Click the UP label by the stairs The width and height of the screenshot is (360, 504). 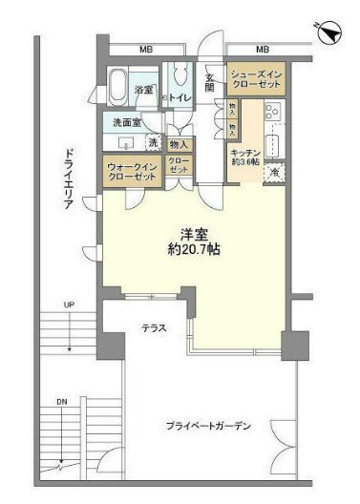69,305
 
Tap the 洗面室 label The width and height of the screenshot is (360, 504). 125,123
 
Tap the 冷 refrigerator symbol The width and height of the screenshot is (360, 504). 272,173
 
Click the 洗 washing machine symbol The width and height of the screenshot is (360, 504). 154,142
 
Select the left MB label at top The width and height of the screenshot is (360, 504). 146,49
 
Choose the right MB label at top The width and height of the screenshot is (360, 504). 262,49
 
